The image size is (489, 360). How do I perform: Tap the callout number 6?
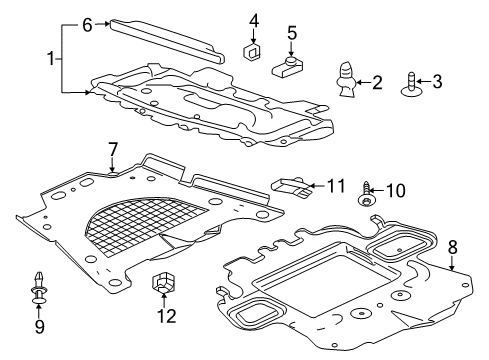pos(87,25)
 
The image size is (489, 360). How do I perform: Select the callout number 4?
pos(254,19)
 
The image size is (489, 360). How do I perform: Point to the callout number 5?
pos(291,33)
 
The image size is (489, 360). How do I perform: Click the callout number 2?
pos(377,82)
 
